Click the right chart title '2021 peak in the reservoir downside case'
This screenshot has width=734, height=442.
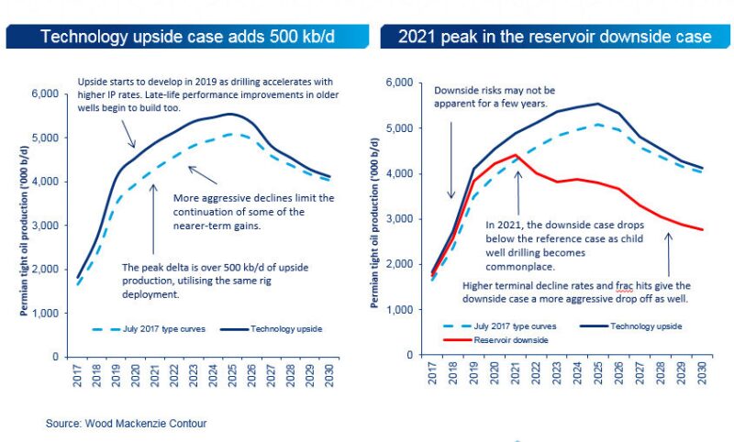[554, 38]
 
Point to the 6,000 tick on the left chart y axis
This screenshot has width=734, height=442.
[46, 94]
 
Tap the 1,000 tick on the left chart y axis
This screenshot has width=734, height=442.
[46, 313]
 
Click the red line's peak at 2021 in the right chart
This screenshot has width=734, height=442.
[517, 155]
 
